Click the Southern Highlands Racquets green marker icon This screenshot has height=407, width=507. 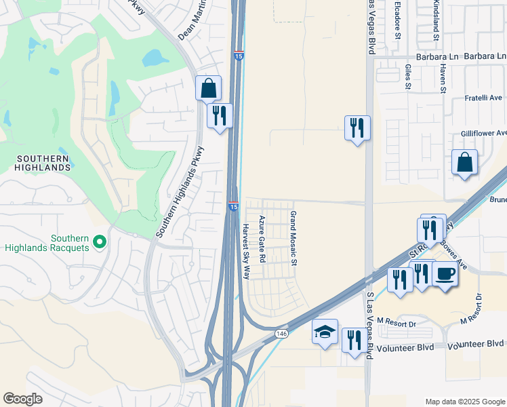click(x=100, y=241)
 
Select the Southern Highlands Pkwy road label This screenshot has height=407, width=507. click(x=180, y=192)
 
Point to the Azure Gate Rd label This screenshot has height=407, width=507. click(x=262, y=239)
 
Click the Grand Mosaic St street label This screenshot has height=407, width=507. click(x=294, y=237)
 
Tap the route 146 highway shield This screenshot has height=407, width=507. click(x=281, y=334)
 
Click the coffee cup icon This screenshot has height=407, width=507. click(x=445, y=274)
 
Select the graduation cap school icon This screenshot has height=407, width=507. click(x=325, y=332)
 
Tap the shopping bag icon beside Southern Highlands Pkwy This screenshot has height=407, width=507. click(x=208, y=88)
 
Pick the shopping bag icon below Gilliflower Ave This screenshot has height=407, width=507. click(x=465, y=163)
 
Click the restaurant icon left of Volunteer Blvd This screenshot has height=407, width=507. click(x=353, y=341)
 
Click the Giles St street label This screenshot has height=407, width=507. click(x=408, y=77)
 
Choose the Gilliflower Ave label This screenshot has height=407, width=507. click(x=483, y=134)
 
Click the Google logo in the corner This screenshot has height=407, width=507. click(x=23, y=399)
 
